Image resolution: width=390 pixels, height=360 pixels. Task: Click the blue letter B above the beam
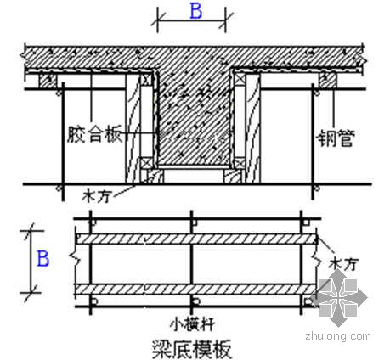[x=196, y=11]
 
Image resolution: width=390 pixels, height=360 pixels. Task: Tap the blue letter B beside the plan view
[x=43, y=258]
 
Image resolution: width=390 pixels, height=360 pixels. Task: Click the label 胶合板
[x=95, y=134]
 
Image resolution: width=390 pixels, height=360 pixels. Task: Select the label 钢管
[x=336, y=138]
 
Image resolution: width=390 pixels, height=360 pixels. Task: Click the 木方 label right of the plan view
[x=343, y=264]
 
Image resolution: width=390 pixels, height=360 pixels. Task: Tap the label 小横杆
[x=192, y=325]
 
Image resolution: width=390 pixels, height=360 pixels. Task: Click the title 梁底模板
[x=192, y=348]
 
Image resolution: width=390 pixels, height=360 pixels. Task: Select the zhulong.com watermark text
[x=338, y=336]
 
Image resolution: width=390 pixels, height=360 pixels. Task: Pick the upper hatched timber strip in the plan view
[x=196, y=239]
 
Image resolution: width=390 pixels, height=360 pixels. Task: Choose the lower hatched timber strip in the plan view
[x=195, y=290]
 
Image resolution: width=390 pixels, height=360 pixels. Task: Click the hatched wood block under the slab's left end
[x=48, y=81]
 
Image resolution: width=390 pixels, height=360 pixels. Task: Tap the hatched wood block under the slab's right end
[x=328, y=81]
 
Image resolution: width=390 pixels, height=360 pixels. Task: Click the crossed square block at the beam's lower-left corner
[x=147, y=163]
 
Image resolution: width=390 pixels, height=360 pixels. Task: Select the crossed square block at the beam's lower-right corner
[x=240, y=163]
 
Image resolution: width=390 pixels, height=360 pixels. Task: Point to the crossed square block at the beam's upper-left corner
[x=146, y=80]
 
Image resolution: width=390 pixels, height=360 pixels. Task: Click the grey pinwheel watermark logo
[x=338, y=297]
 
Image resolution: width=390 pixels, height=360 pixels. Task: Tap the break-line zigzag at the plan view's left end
[x=75, y=258]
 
